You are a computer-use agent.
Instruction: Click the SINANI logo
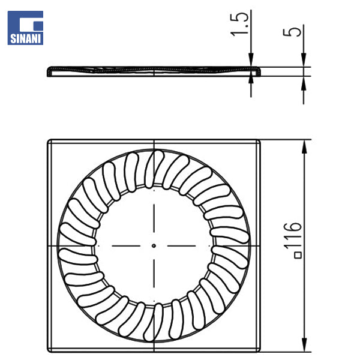(x=25, y=28)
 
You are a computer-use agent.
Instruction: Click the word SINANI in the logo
(x=25, y=39)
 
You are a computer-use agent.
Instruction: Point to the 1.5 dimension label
(x=239, y=24)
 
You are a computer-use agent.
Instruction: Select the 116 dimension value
(x=293, y=236)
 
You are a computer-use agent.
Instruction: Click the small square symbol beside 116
(x=298, y=256)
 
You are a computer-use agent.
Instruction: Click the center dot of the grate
(x=154, y=245)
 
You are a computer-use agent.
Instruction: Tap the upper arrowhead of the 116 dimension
(x=304, y=148)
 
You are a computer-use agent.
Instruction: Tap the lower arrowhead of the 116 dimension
(x=304, y=344)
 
